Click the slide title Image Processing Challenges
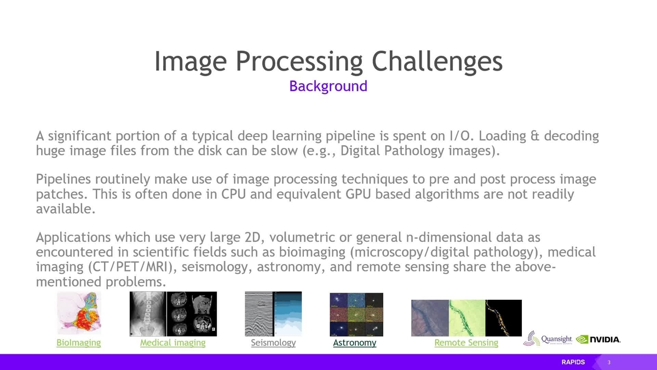(x=328, y=61)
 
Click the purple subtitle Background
(x=328, y=86)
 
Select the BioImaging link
(x=79, y=343)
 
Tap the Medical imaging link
(x=172, y=343)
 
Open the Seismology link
(x=273, y=343)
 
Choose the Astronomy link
(x=354, y=343)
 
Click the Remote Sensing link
(x=466, y=343)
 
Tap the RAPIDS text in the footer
(x=573, y=362)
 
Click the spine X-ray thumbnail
(x=147, y=314)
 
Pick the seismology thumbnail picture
(x=273, y=314)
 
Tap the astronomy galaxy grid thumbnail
(x=356, y=314)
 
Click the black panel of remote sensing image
(x=503, y=318)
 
